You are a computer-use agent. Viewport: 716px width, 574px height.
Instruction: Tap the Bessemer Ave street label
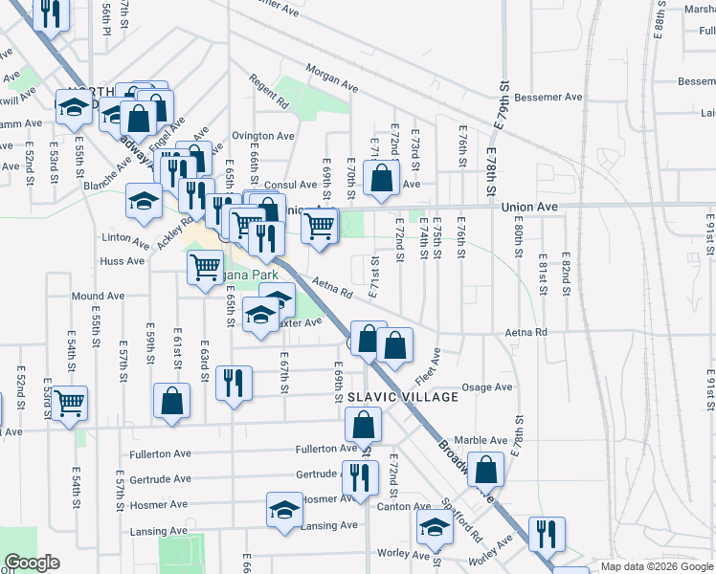[x=548, y=98]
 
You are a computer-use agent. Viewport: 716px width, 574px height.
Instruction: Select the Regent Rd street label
[x=269, y=91]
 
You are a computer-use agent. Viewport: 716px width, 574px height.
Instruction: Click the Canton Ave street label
[x=407, y=506]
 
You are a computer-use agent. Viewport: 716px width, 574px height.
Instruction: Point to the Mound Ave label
[x=98, y=297]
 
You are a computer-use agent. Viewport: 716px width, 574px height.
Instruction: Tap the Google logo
[x=32, y=563]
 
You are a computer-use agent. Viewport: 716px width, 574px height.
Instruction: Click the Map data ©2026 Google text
[x=656, y=566]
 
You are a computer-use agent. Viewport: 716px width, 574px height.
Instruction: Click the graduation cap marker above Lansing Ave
[x=284, y=510]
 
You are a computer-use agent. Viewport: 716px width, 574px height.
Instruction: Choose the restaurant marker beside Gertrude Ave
[x=358, y=477]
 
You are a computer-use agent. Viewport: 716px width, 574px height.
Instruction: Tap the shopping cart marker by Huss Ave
[x=205, y=268]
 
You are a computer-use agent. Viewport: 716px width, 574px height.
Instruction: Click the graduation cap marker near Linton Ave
[x=144, y=201]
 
